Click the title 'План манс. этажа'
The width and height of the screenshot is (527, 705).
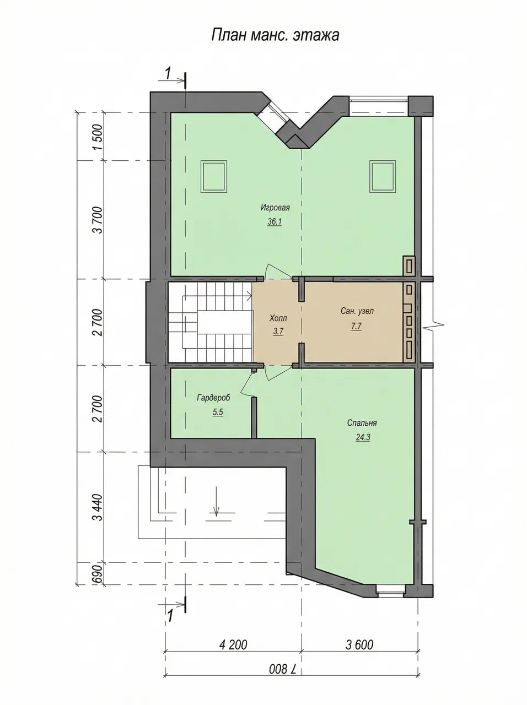[275, 35]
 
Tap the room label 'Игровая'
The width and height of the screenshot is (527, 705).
[275, 208]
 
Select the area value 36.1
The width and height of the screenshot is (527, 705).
[275, 222]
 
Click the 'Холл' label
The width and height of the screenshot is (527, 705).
[278, 318]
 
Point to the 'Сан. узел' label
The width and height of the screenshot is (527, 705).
[357, 311]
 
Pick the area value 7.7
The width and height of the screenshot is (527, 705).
[356, 326]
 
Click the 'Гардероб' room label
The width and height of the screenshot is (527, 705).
[214, 398]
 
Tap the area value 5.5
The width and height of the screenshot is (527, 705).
[218, 412]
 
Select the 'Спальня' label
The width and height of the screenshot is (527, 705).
[362, 422]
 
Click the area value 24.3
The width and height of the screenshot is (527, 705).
[363, 437]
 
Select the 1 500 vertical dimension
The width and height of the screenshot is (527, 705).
[98, 137]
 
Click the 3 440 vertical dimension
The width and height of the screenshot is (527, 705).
[98, 507]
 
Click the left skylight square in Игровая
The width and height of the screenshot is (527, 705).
[214, 177]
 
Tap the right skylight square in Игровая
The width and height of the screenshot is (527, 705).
[383, 177]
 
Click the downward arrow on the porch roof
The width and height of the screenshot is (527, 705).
[216, 501]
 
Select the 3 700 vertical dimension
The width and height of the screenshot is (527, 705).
[98, 220]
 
